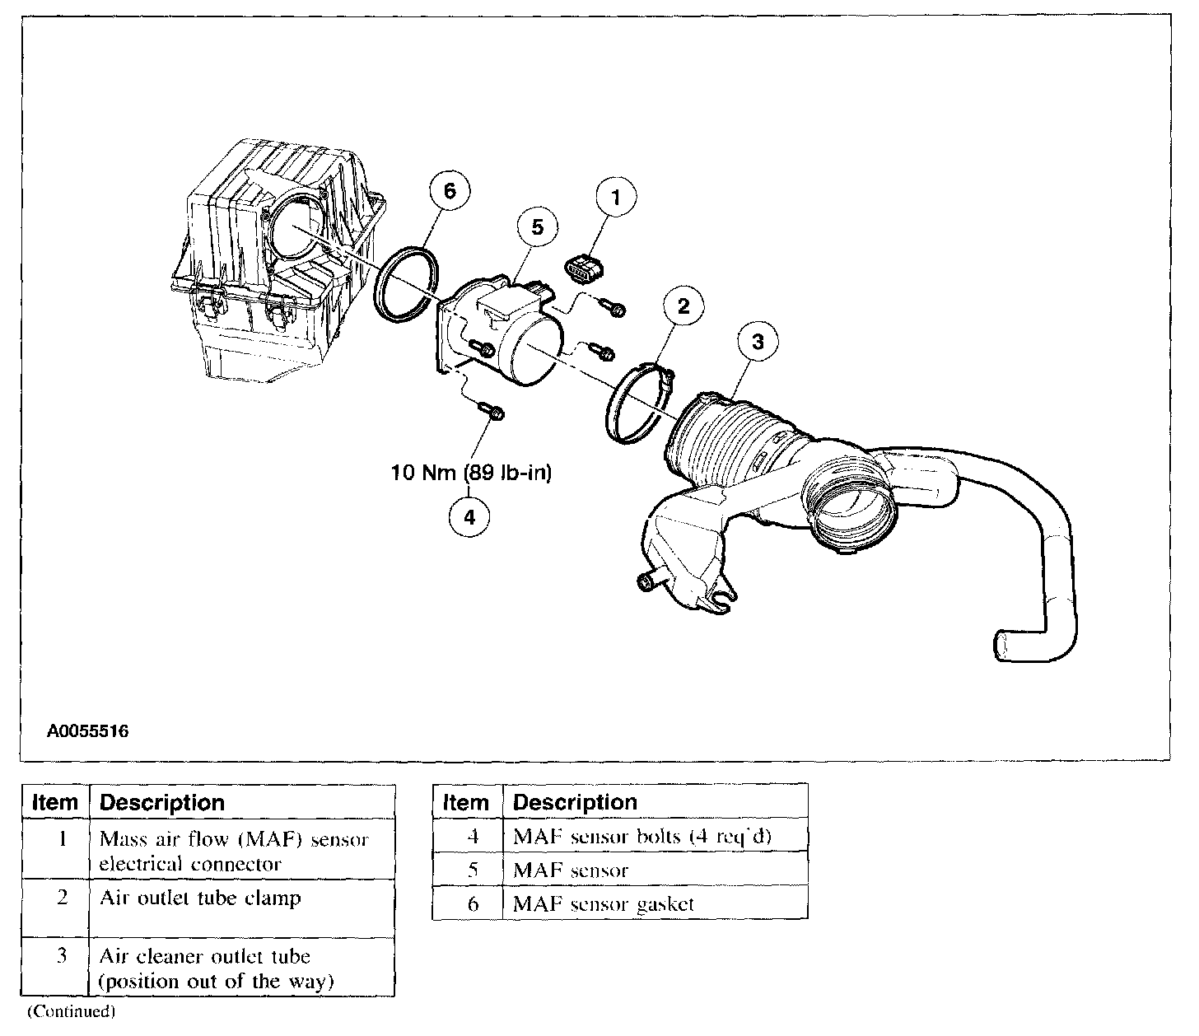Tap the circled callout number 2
pyautogui.click(x=683, y=308)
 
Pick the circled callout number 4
pyautogui.click(x=469, y=516)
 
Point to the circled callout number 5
pyautogui.click(x=538, y=227)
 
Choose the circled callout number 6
pyautogui.click(x=450, y=192)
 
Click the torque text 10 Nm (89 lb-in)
pyautogui.click(x=471, y=473)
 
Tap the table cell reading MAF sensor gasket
pyautogui.click(x=603, y=903)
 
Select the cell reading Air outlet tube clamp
pyautogui.click(x=200, y=898)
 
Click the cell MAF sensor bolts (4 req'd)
pyautogui.click(x=642, y=836)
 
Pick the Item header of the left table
pyautogui.click(x=54, y=802)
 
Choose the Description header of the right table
pyautogui.click(x=575, y=802)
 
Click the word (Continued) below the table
pyautogui.click(x=71, y=1010)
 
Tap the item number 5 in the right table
pyautogui.click(x=473, y=870)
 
